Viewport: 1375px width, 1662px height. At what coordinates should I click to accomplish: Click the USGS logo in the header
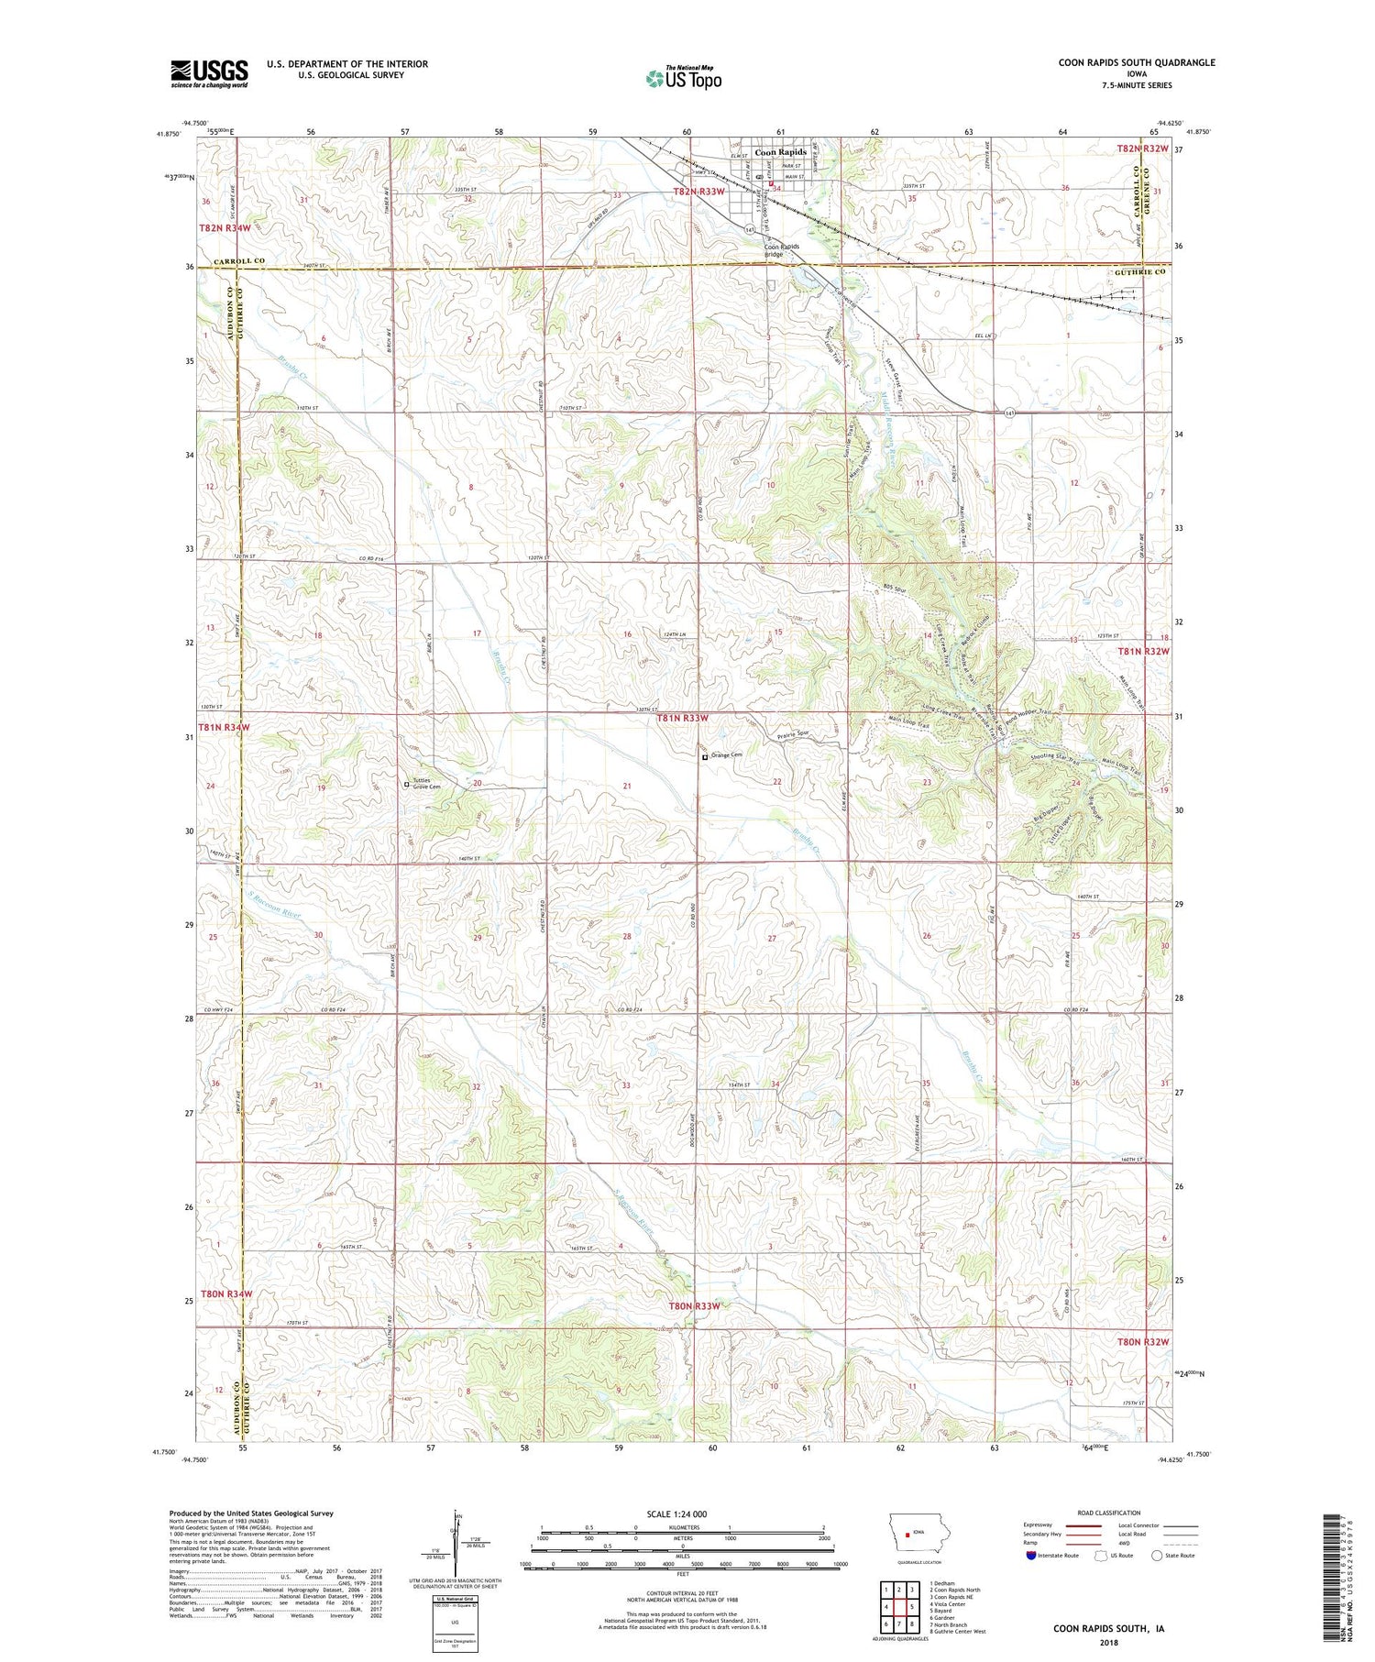tap(209, 73)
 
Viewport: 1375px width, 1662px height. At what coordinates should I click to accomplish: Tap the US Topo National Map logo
tap(683, 78)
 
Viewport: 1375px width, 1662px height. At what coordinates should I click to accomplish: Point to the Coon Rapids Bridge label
tap(782, 250)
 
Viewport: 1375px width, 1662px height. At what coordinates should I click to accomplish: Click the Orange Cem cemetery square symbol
tap(704, 757)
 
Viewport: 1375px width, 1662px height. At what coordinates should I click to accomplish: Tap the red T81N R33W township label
tap(683, 719)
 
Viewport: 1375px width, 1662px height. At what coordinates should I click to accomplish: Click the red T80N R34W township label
tap(226, 1293)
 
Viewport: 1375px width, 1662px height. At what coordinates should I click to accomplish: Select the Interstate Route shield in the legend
tap(1032, 1556)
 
